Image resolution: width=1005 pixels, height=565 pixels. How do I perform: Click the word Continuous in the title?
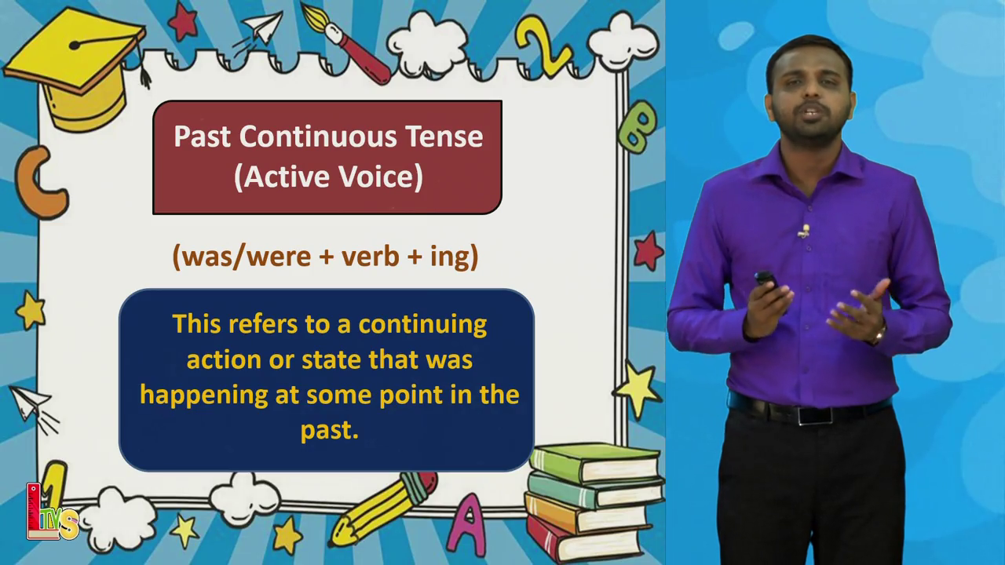(x=318, y=137)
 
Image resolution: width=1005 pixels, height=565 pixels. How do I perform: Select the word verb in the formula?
(x=370, y=257)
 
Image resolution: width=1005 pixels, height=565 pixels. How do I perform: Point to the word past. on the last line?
(x=330, y=431)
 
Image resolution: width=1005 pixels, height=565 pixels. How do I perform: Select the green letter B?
(x=637, y=126)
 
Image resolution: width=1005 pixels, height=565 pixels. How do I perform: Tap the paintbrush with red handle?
(x=345, y=43)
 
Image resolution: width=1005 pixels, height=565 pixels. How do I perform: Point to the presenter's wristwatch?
(x=880, y=334)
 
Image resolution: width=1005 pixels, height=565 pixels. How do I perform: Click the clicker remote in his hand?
(x=766, y=280)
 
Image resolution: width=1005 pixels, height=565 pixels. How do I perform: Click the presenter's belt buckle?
(x=815, y=416)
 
